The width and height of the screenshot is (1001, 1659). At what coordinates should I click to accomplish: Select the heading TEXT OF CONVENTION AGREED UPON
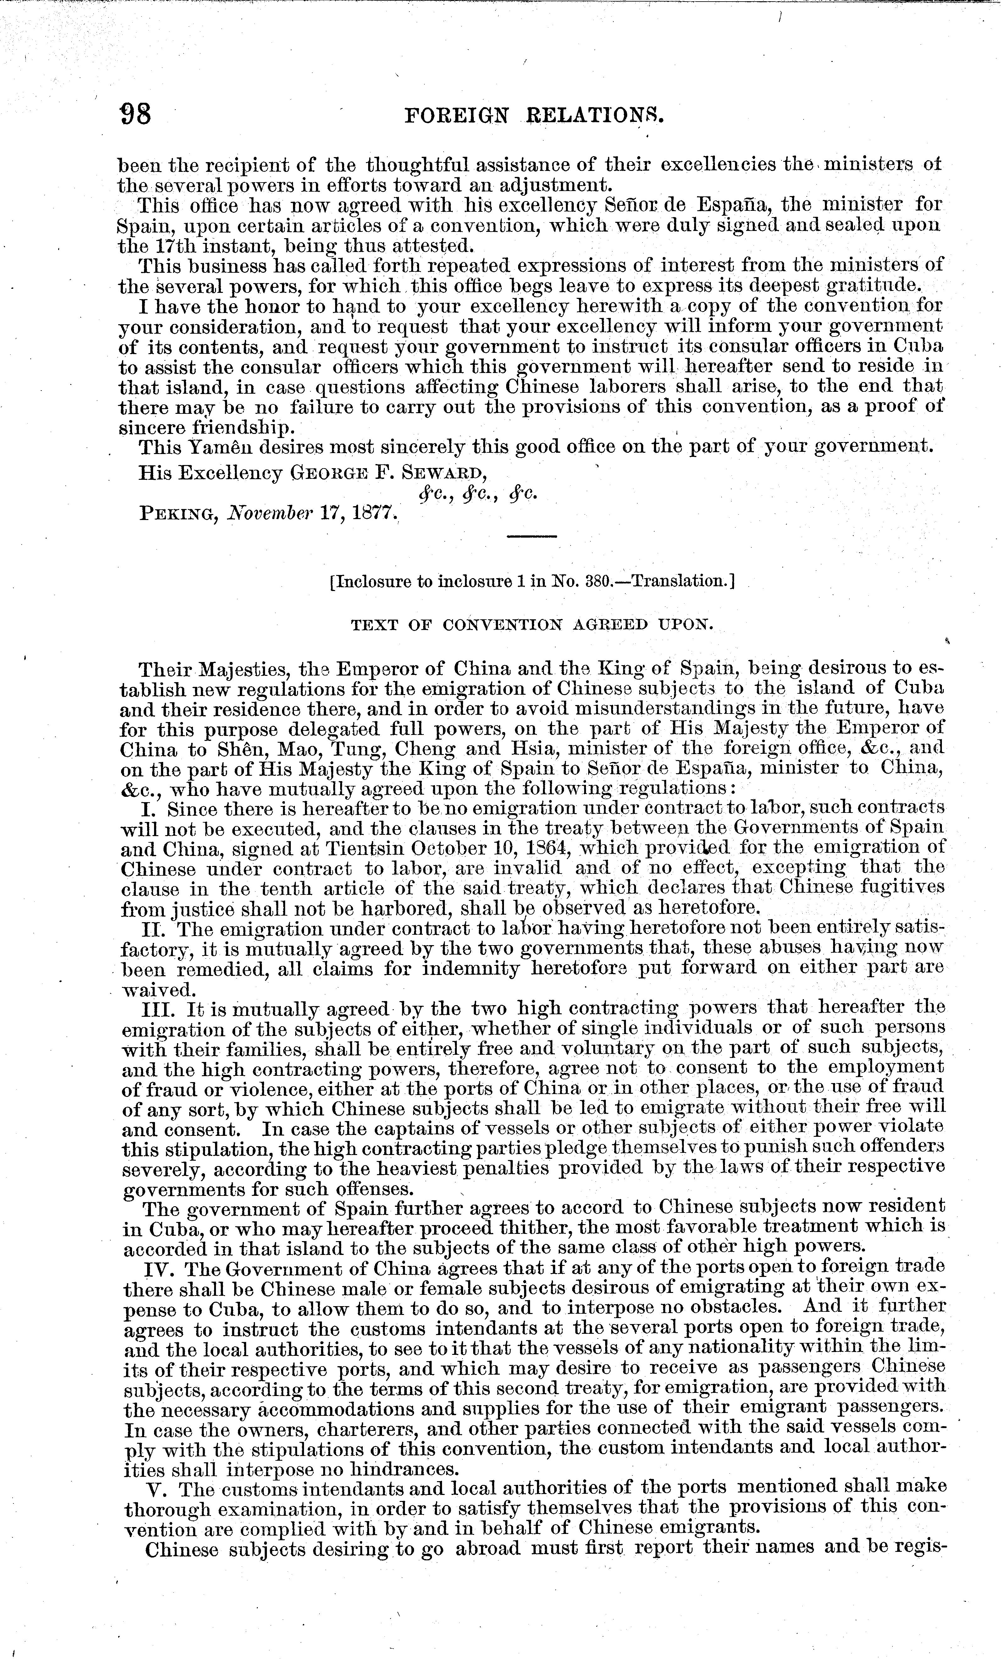532,625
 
